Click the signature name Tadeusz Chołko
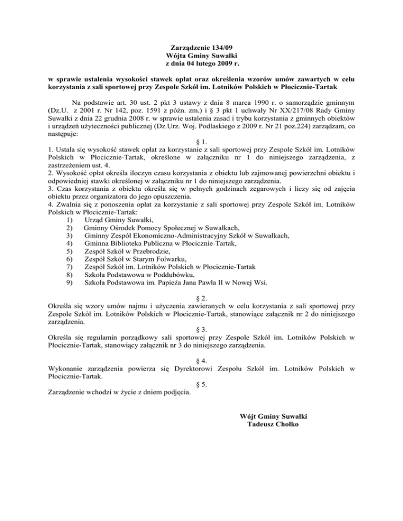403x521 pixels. point(272,424)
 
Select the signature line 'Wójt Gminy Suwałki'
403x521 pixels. point(272,416)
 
